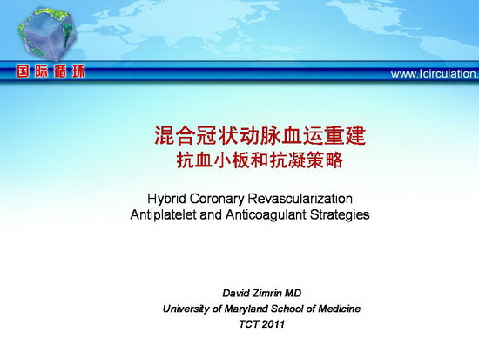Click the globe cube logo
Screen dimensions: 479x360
pos(46,34)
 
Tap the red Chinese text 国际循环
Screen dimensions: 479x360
pos(51,71)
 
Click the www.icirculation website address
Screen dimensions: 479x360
pos(435,74)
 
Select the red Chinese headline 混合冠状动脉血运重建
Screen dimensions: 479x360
pos(260,135)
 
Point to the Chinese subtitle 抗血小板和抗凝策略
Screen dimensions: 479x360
pos(260,160)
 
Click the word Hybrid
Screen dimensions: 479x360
pos(166,199)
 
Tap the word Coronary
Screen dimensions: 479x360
pos(217,199)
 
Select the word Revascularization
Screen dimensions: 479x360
pos(300,199)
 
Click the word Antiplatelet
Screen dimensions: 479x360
pos(163,214)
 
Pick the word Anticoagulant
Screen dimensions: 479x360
pos(266,214)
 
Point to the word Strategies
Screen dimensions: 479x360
pos(340,214)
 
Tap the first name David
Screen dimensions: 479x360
pos(236,294)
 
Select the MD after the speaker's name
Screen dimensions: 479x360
pos(293,294)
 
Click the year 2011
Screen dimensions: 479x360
pos(273,324)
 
